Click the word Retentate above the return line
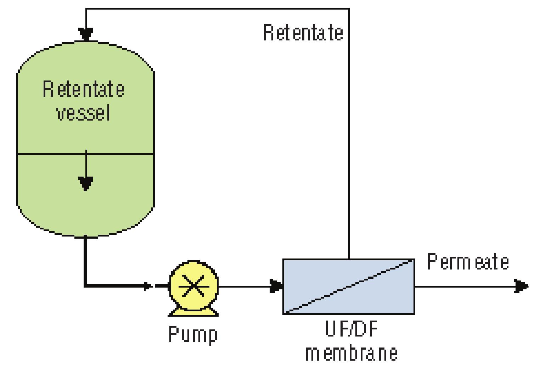pos(303,33)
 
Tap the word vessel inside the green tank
pos(84,113)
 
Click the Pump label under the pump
pos(193,334)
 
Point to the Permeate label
pos(468,262)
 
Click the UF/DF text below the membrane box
pos(351,329)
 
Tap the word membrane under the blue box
pos(351,353)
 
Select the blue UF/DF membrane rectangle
pos(349,287)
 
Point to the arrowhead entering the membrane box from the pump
pos(276,286)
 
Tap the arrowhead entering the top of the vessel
pos(86,34)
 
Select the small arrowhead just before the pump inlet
pos(148,286)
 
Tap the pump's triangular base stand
pos(193,312)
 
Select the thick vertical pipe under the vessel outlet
pos(85,261)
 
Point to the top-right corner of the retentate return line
pos(349,9)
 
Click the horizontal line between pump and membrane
pos(244,286)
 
